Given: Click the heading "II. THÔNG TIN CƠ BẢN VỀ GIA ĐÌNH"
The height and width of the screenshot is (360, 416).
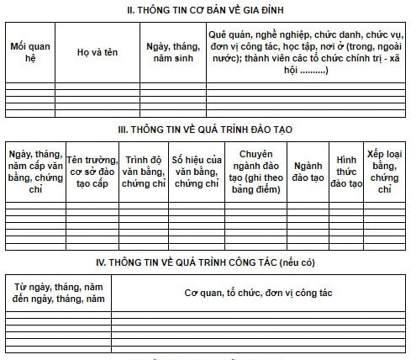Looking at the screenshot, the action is (x=206, y=10).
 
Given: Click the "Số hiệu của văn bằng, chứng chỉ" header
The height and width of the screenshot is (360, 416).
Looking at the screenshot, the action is (x=196, y=172).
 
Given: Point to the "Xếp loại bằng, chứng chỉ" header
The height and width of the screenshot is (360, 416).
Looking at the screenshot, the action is (x=386, y=172).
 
